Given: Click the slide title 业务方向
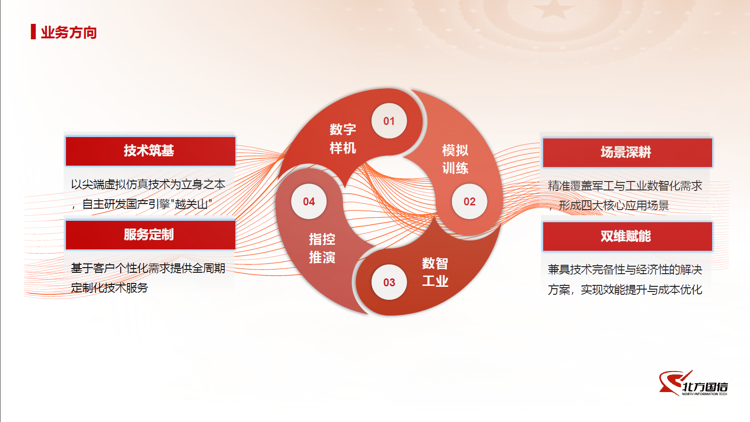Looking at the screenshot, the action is [69, 32].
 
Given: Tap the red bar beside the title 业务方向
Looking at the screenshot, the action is [33, 32].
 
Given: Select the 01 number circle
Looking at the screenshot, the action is [389, 121].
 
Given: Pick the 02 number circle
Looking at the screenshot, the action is [469, 201].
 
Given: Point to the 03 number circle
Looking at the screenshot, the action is [389, 282].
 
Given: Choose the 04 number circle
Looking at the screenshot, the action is [309, 201].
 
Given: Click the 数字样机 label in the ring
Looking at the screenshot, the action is [342, 138].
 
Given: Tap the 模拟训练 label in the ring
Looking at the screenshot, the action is [455, 159].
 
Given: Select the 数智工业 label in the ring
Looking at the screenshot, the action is [435, 272].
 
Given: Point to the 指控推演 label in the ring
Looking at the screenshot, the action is [322, 248].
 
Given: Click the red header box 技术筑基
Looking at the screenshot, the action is [150, 151].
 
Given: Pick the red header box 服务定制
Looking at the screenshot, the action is [150, 235].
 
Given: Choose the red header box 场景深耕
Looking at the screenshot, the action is [627, 153].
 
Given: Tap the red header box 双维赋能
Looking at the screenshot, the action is [627, 236].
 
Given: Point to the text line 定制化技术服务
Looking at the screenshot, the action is [109, 288].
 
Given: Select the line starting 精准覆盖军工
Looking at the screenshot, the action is [625, 186].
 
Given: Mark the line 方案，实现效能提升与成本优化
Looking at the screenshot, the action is [625, 290].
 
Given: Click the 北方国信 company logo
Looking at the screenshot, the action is [693, 383].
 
